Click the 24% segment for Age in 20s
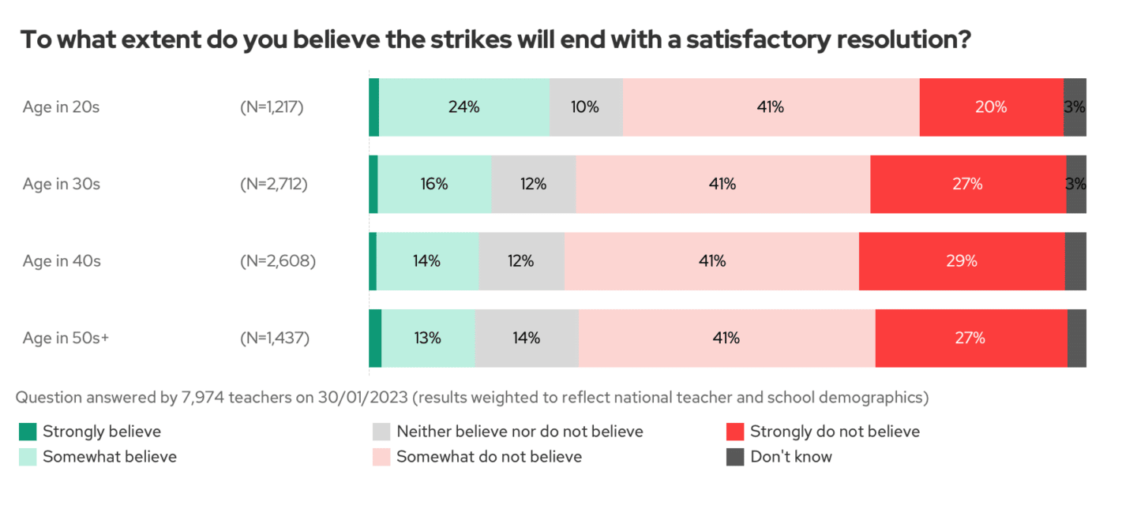(x=464, y=107)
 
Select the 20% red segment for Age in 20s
(x=991, y=107)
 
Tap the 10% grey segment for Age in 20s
(x=586, y=107)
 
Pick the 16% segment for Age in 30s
(x=434, y=184)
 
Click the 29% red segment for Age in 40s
(x=962, y=261)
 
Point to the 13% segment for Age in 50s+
(x=428, y=338)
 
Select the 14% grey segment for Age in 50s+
(x=527, y=338)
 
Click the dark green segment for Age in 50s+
(x=375, y=338)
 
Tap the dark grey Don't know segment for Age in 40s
(x=1075, y=261)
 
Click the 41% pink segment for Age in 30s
(x=722, y=184)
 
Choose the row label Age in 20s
(x=61, y=107)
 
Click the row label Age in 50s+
(x=66, y=338)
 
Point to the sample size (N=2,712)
(x=273, y=184)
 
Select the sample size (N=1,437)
(x=274, y=338)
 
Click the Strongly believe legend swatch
(x=28, y=432)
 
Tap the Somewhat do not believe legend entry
(x=489, y=457)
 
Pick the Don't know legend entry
(x=790, y=457)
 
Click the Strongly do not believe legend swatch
(x=735, y=432)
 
